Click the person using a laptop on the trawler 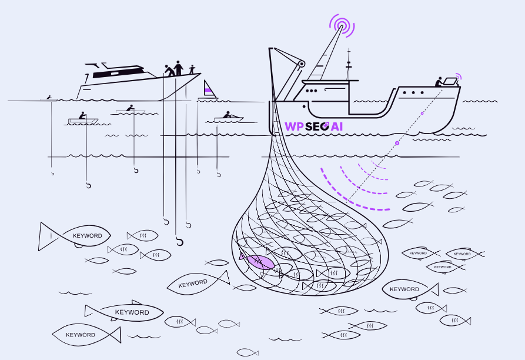pos(439,82)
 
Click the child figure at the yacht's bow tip pos(192,70)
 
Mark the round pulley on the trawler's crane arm pos(301,63)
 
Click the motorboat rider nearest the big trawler pos(228,115)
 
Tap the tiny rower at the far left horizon pos(49,97)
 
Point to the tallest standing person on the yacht pos(179,68)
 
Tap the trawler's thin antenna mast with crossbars pos(349,65)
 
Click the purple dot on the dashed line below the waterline pos(397,143)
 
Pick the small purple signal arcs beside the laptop pos(459,76)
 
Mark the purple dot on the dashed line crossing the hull pos(422,113)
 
